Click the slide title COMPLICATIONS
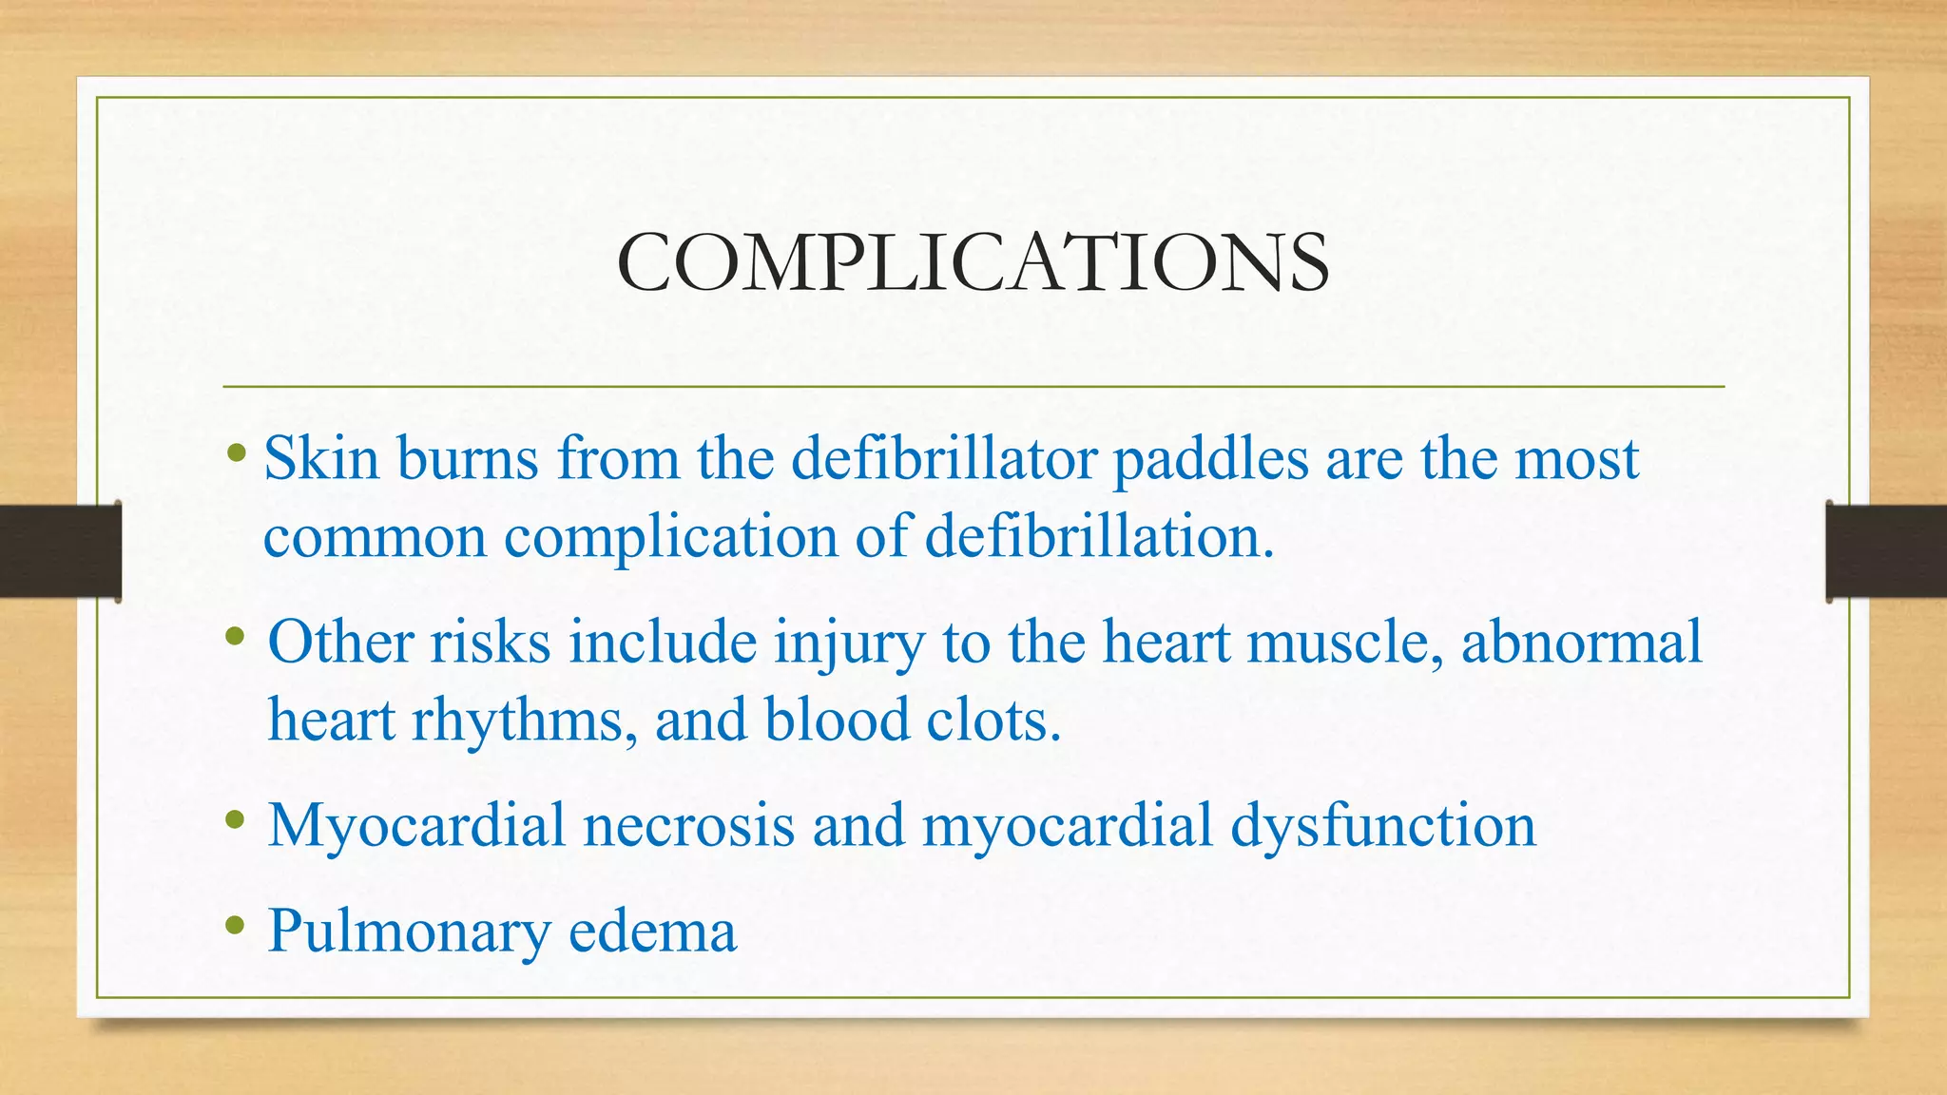tap(973, 262)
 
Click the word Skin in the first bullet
tap(321, 458)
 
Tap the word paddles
tap(1210, 460)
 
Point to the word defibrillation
tap(1099, 536)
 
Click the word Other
tap(340, 642)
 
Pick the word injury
tap(848, 644)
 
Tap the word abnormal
tap(1581, 642)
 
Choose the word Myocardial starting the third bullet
tap(416, 825)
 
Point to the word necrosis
tap(688, 825)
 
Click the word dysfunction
tap(1383, 825)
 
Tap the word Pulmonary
tap(409, 932)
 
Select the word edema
tap(652, 931)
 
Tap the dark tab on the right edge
tap(1886, 551)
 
